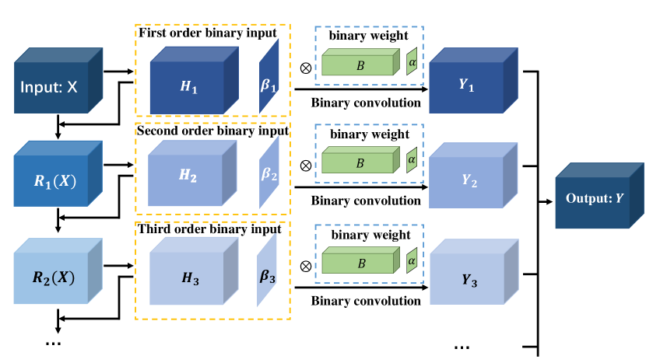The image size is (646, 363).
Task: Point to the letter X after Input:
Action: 72,88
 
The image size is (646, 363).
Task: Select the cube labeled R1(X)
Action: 54,181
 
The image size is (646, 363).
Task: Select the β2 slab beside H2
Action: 269,173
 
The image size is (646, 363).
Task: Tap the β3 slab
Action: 267,271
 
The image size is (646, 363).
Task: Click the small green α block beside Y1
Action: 412,61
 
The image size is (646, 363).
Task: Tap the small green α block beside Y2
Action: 412,159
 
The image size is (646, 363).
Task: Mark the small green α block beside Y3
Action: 412,260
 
